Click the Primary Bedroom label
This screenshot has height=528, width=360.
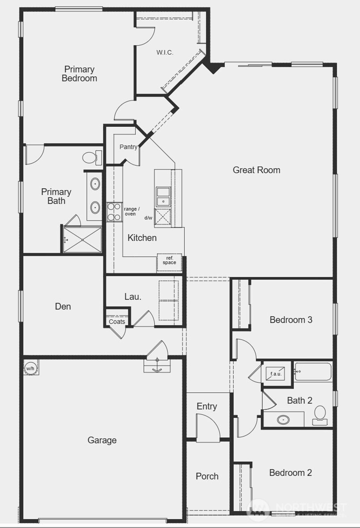[x=79, y=74]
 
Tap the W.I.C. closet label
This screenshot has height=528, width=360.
[x=165, y=53]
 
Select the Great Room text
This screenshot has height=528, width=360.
[x=256, y=170]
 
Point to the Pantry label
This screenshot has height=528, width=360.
[x=128, y=147]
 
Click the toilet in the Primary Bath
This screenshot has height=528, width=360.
[x=92, y=157]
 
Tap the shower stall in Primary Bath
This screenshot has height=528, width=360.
[x=82, y=240]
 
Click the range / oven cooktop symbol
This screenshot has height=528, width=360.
[x=114, y=212]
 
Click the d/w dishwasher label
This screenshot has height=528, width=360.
[x=148, y=218]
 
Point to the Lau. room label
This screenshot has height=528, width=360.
[x=133, y=297]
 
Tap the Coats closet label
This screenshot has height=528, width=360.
[x=117, y=322]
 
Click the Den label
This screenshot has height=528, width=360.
[x=63, y=307]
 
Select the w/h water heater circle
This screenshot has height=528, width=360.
[x=30, y=369]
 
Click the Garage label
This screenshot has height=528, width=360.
[x=102, y=440]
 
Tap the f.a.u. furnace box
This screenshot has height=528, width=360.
[x=276, y=374]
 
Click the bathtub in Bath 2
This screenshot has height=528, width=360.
[x=313, y=371]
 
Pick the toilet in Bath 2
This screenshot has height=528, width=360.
[x=320, y=414]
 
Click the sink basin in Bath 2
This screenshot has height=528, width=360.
[x=283, y=420]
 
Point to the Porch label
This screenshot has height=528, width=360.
[x=207, y=476]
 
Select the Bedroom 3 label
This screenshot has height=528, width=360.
[x=291, y=320]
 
